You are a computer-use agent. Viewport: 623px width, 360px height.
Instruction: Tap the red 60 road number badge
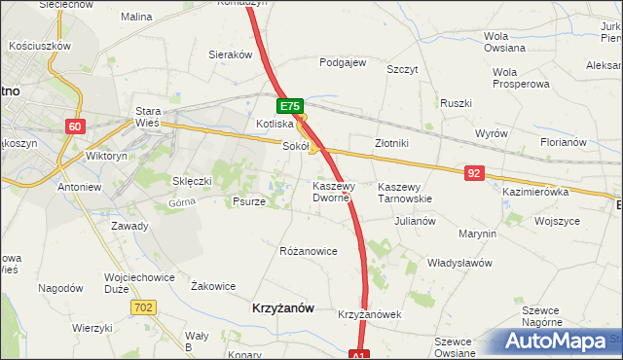tap(77, 126)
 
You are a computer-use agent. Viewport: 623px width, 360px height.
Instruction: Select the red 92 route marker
tap(474, 173)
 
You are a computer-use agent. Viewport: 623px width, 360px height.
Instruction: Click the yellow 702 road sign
tap(142, 306)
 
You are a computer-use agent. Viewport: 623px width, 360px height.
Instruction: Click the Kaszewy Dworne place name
tap(335, 191)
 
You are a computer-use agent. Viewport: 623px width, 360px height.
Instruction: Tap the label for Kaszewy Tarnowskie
tap(404, 192)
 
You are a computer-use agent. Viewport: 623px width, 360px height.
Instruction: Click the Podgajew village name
tap(343, 62)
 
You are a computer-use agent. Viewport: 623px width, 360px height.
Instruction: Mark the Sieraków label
tap(232, 55)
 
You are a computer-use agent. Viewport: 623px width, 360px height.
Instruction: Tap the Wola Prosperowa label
tap(518, 78)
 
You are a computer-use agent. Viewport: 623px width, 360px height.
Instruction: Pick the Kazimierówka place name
tap(534, 193)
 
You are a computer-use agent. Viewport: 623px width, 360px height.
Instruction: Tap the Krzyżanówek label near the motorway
tap(370, 315)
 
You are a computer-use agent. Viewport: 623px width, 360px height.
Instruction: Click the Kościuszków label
tap(40, 46)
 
